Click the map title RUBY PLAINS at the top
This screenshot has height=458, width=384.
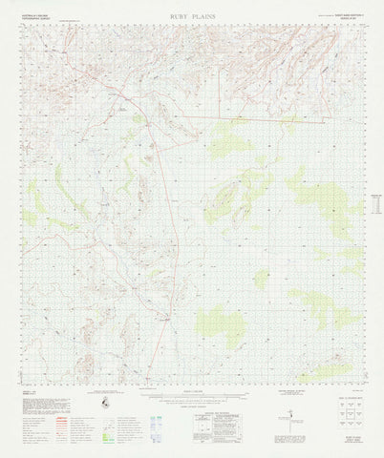click(193, 16)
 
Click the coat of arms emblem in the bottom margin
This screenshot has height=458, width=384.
click(103, 406)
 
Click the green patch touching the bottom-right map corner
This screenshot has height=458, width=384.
click(330, 371)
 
